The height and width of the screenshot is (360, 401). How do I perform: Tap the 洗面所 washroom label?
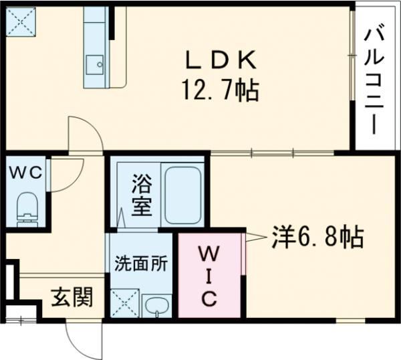coord(141,262)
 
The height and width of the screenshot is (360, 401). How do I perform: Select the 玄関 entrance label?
coord(72,296)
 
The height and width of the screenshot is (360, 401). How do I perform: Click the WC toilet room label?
coord(25,171)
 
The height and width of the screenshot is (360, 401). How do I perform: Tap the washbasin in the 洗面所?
coord(156,306)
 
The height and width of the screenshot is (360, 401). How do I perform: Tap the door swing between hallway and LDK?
coord(84,134)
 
